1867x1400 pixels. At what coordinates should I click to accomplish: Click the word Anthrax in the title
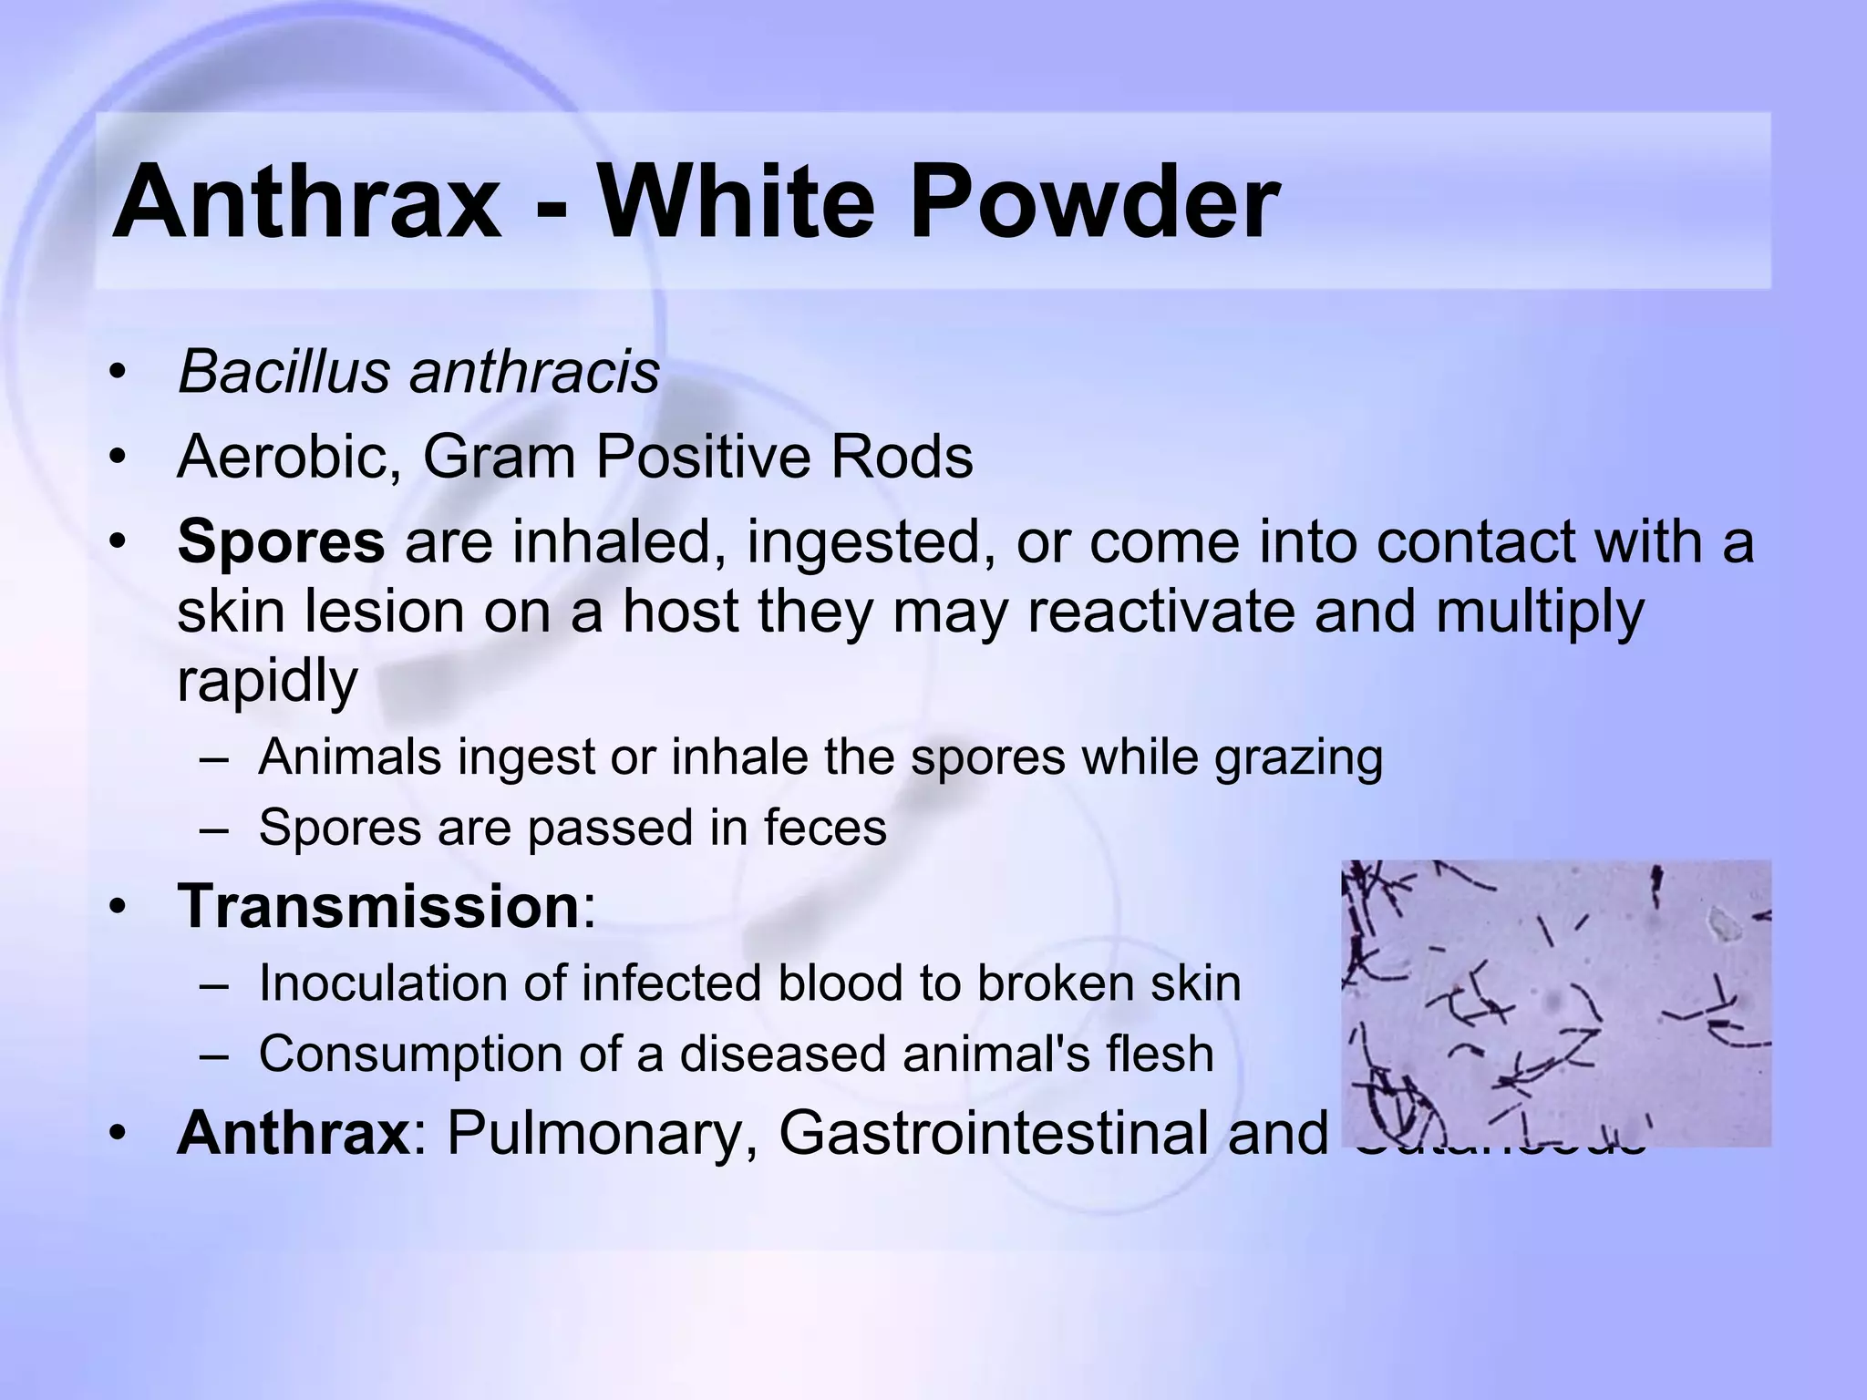(x=306, y=201)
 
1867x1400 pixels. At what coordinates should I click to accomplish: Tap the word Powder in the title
(x=1094, y=201)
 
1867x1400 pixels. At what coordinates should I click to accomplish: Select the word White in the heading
(x=738, y=201)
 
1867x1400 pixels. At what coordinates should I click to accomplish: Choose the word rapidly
(x=267, y=681)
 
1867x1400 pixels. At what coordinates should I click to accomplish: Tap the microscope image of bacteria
(x=1555, y=1003)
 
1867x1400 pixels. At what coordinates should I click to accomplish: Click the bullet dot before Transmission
(x=116, y=908)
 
